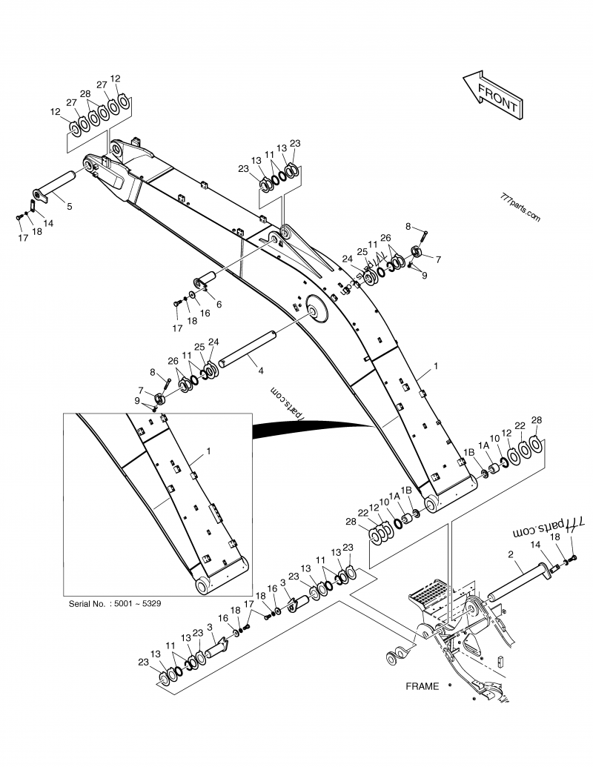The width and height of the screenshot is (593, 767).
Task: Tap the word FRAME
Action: pos(422,685)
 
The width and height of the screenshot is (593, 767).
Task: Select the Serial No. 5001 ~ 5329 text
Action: pos(115,603)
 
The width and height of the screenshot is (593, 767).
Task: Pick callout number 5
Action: pos(69,206)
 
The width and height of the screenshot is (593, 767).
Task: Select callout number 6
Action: pos(218,304)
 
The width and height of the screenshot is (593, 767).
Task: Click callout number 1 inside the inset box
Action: pos(208,451)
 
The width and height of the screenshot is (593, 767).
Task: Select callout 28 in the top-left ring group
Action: pos(85,93)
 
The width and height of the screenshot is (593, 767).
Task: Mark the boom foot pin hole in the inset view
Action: pos(203,585)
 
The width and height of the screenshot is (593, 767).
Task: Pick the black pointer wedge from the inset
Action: pos(311,428)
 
